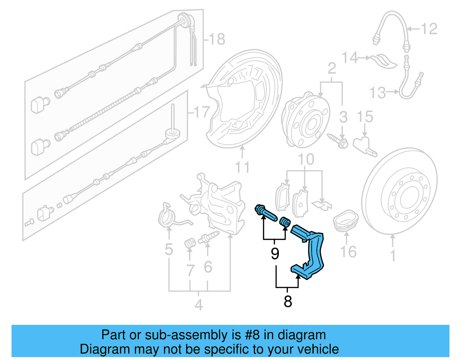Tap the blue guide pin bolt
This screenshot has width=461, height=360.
(266, 213)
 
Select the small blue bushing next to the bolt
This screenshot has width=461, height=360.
(285, 222)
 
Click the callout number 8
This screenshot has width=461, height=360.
(288, 301)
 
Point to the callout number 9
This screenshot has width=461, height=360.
(275, 254)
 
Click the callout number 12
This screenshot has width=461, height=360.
(429, 29)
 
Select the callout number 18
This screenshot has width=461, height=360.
(217, 39)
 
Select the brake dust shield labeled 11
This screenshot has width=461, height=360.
(245, 98)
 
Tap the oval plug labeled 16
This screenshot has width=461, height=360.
(346, 220)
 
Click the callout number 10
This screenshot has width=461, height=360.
(306, 159)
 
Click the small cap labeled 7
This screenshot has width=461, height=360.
(190, 243)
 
